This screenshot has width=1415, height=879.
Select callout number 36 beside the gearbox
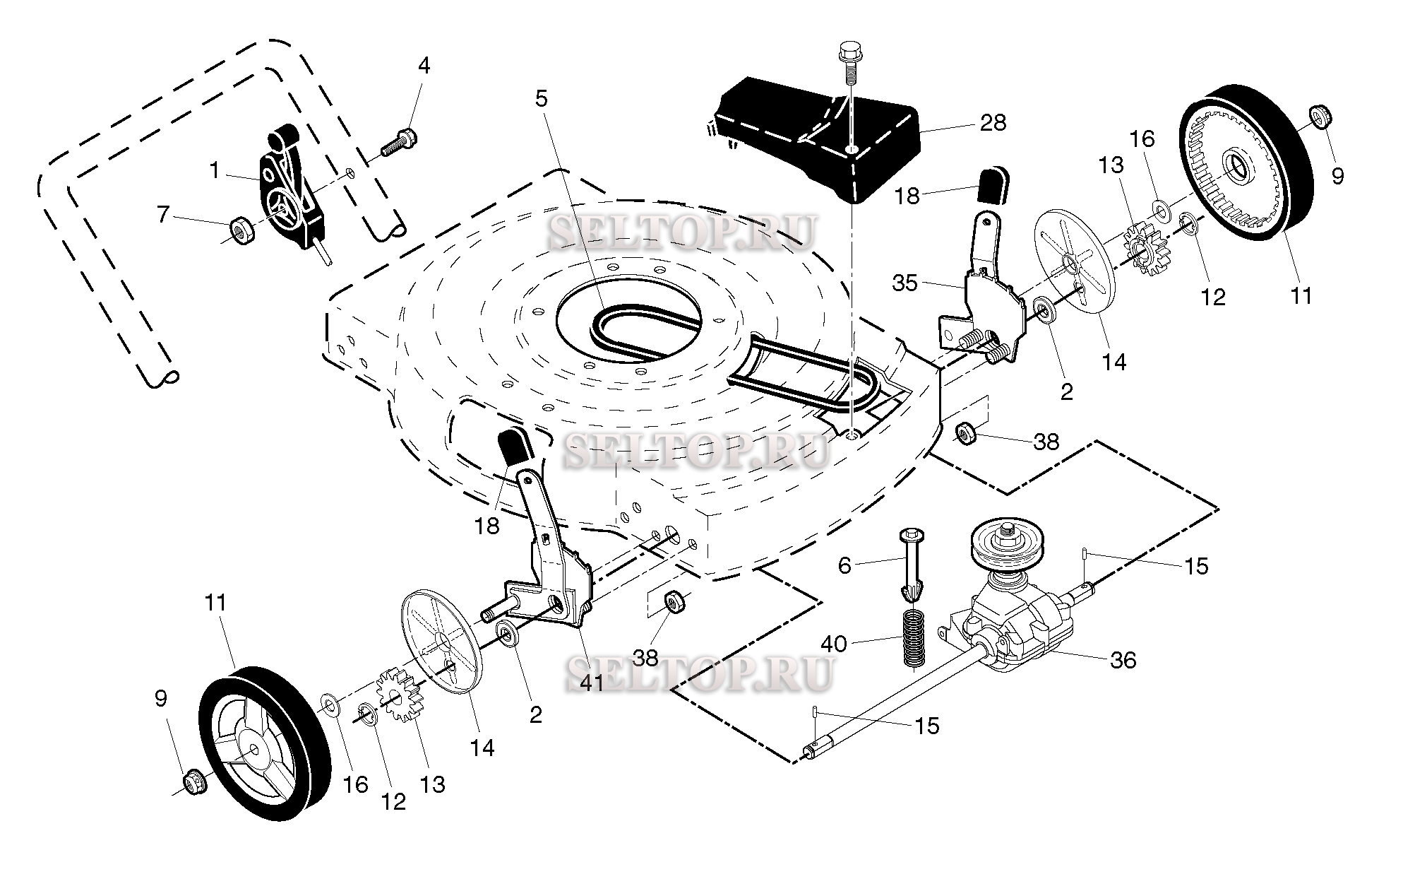[1123, 660]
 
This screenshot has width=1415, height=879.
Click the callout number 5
[541, 99]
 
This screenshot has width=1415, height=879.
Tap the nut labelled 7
[241, 230]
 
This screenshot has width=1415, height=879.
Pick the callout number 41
[592, 683]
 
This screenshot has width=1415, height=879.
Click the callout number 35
[905, 283]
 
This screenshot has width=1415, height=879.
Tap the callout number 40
[834, 644]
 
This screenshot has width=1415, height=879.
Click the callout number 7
[164, 213]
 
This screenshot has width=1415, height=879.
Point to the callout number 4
[423, 66]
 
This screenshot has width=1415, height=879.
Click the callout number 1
[214, 170]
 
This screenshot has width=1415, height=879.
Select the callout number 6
[844, 565]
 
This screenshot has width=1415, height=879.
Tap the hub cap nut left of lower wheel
[191, 782]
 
